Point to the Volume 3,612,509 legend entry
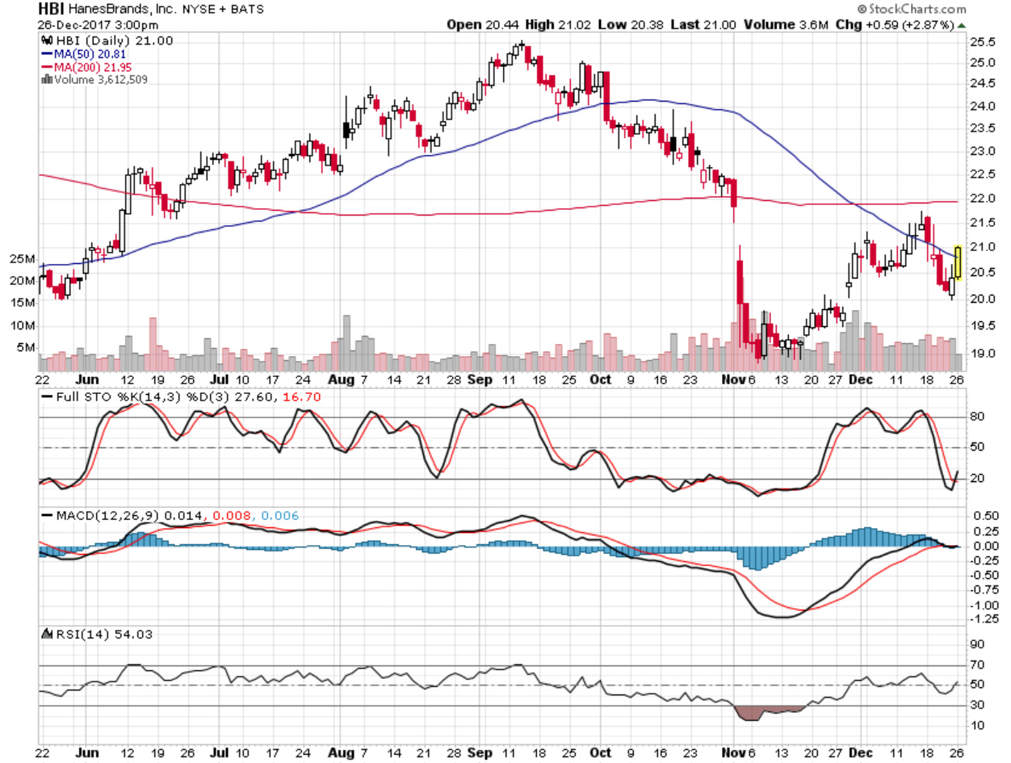(x=97, y=79)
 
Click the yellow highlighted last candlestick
(x=958, y=262)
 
